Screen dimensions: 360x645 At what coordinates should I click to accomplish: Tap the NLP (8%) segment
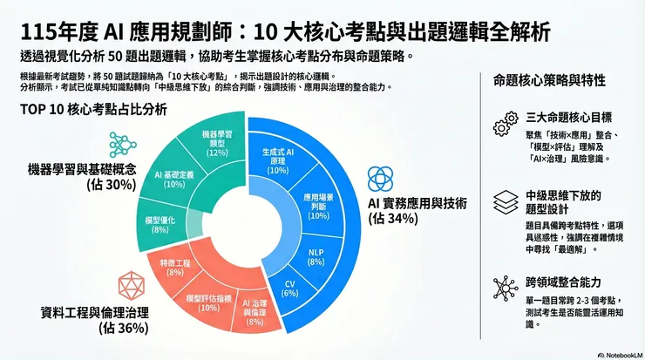pyautogui.click(x=316, y=255)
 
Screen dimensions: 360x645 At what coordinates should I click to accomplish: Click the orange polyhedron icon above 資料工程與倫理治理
pyautogui.click(x=131, y=283)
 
